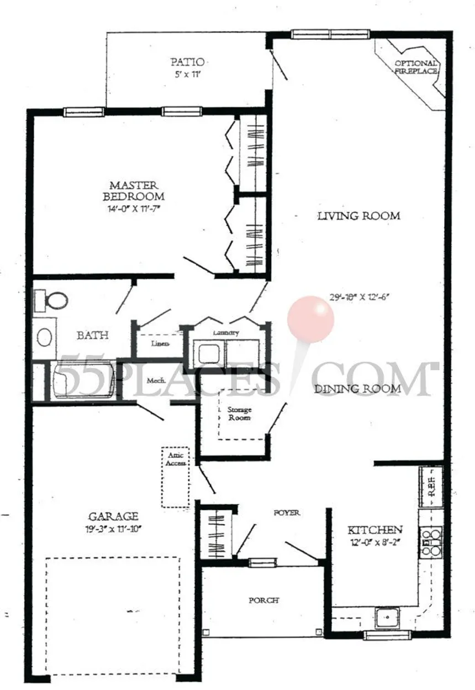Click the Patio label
coord(187,61)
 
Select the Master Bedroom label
coord(133,191)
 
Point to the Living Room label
coord(358,216)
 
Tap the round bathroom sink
coord(44,337)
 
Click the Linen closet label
coord(160,343)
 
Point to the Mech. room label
coord(157,381)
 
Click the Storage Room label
coord(240,414)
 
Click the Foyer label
coord(287,513)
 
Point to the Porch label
coord(263,600)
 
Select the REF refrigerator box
coord(431,487)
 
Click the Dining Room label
coord(358,389)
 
